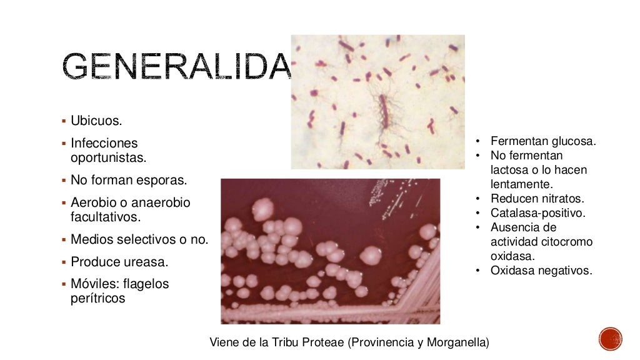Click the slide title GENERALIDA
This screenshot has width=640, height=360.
177,67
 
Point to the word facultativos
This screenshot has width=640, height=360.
106,217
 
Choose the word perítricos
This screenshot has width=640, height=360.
98,298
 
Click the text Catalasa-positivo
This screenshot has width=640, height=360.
537,213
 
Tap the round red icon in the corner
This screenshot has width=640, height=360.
611,339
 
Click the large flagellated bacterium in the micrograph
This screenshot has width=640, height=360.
383,111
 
